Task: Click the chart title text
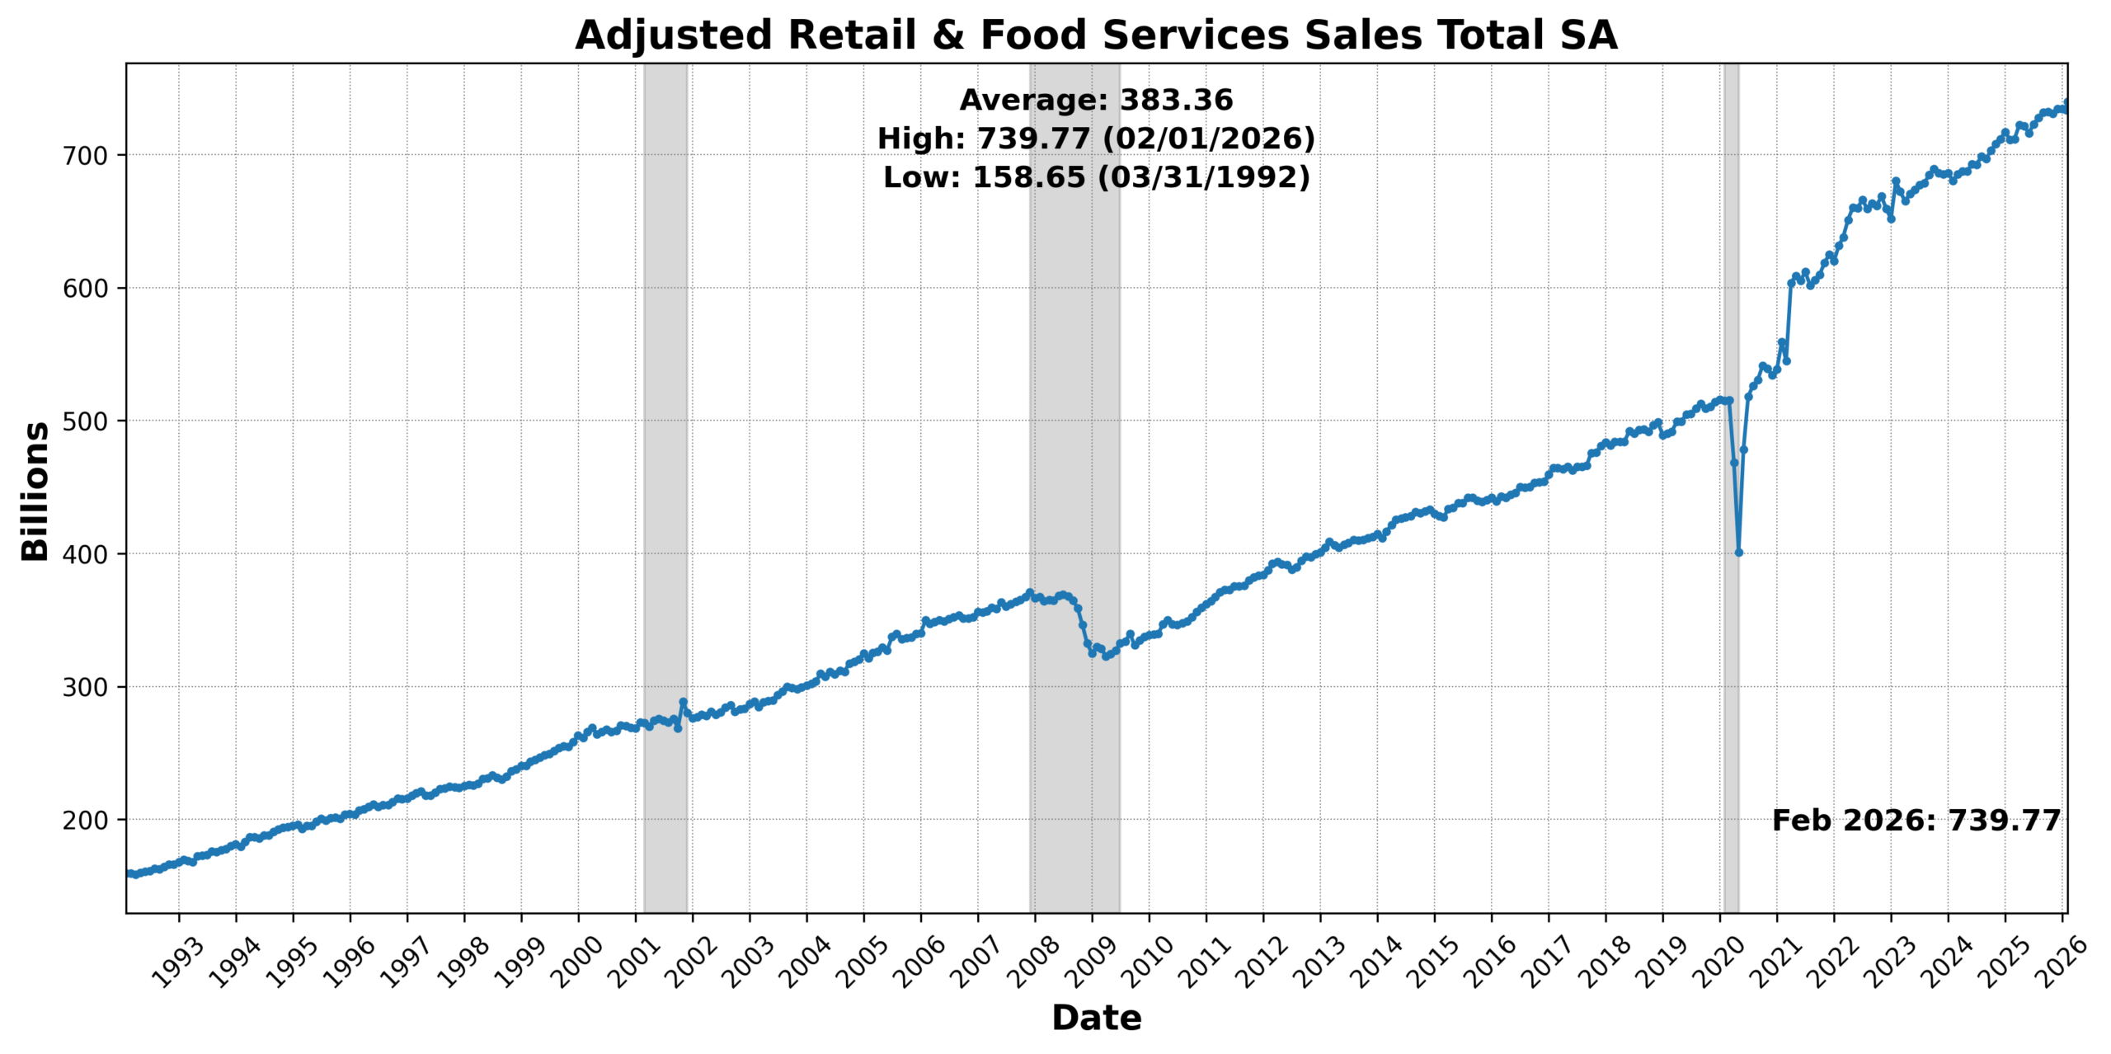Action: tap(1096, 35)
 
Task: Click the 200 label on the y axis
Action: tap(86, 821)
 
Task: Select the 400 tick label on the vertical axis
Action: tap(86, 554)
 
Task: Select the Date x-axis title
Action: tap(1096, 1019)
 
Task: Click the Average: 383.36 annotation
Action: tap(1096, 100)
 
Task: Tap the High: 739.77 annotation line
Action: tap(1096, 139)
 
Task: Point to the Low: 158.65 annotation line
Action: tap(1096, 177)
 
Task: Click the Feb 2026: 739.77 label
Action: tap(1916, 821)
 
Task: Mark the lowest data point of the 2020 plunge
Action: tap(1738, 553)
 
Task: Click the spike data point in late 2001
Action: tap(683, 702)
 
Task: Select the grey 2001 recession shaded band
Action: tap(665, 412)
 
